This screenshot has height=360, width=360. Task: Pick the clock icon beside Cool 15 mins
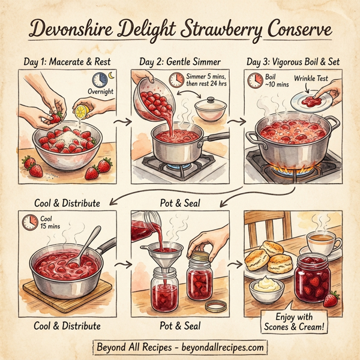coord(30,222)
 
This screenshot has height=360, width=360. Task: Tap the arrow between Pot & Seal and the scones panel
coord(236,265)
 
